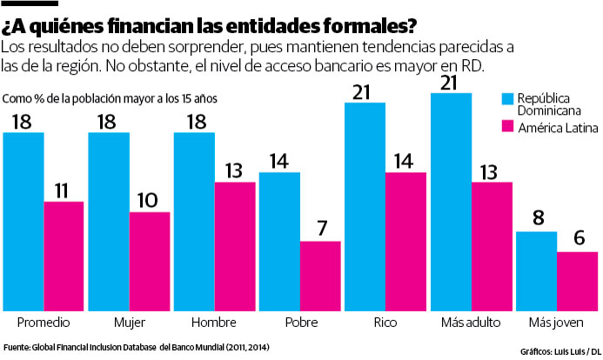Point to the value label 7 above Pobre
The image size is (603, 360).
click(x=320, y=230)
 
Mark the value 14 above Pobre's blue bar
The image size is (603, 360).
click(x=279, y=161)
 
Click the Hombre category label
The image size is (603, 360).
click(x=214, y=322)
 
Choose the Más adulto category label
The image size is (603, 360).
click(x=471, y=322)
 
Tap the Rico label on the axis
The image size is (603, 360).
click(x=385, y=322)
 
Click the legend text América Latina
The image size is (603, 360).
click(x=556, y=128)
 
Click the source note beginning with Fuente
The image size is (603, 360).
click(x=136, y=349)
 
